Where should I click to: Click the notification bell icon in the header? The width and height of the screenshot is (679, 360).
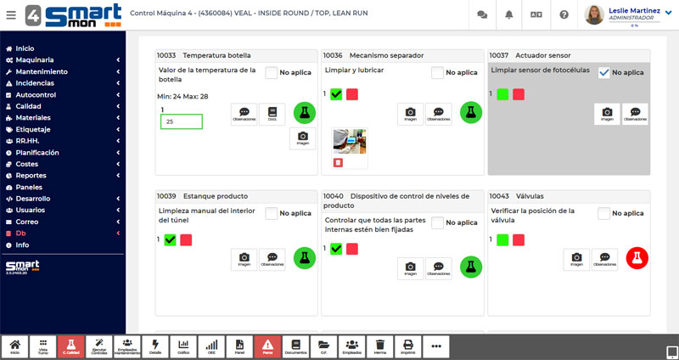tap(508, 14)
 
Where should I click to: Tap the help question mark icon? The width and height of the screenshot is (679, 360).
tap(564, 14)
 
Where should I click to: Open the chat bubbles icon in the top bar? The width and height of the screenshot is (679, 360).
tap(482, 14)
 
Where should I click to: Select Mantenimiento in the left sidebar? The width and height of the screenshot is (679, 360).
tap(42, 71)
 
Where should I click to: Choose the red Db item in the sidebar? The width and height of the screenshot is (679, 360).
tap(21, 233)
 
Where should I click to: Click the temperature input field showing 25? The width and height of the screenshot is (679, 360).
tap(181, 121)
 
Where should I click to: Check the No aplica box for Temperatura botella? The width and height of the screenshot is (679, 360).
tap(272, 73)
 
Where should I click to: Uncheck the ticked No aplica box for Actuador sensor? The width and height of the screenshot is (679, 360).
tap(604, 73)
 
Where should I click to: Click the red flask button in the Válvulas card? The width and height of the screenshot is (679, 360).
tap(637, 258)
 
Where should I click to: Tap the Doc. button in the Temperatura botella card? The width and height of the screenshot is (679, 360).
tap(272, 114)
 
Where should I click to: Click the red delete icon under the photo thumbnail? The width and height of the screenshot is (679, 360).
tap(338, 162)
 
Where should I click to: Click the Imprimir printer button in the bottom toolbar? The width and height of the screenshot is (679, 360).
tap(408, 346)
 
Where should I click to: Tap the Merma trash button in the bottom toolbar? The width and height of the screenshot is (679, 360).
tap(380, 346)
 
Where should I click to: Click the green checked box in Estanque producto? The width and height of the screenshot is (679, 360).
tap(171, 240)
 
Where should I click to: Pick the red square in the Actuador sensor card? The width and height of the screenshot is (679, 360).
tap(519, 94)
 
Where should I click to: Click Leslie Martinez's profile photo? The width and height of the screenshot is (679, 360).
tap(595, 14)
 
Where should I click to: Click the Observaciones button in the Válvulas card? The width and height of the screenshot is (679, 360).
tap(604, 258)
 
